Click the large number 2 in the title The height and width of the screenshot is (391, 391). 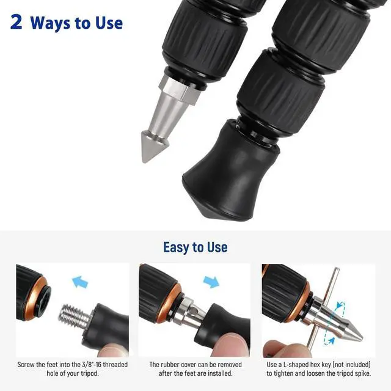pyautogui.click(x=16, y=22)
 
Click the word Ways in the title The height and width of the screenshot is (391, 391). pyautogui.click(x=50, y=23)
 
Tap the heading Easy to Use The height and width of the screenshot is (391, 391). pyautogui.click(x=195, y=247)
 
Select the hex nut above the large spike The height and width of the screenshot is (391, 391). pyautogui.click(x=180, y=89)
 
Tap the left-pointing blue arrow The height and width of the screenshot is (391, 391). pyautogui.click(x=80, y=282)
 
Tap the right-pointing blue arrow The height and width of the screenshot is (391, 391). pyautogui.click(x=211, y=282)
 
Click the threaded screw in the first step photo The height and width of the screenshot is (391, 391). pyautogui.click(x=74, y=316)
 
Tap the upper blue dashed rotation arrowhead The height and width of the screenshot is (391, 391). pyautogui.click(x=338, y=305)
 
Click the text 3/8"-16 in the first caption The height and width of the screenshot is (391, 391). pyautogui.click(x=92, y=365)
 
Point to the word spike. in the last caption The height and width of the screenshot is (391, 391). pyautogui.click(x=362, y=373)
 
